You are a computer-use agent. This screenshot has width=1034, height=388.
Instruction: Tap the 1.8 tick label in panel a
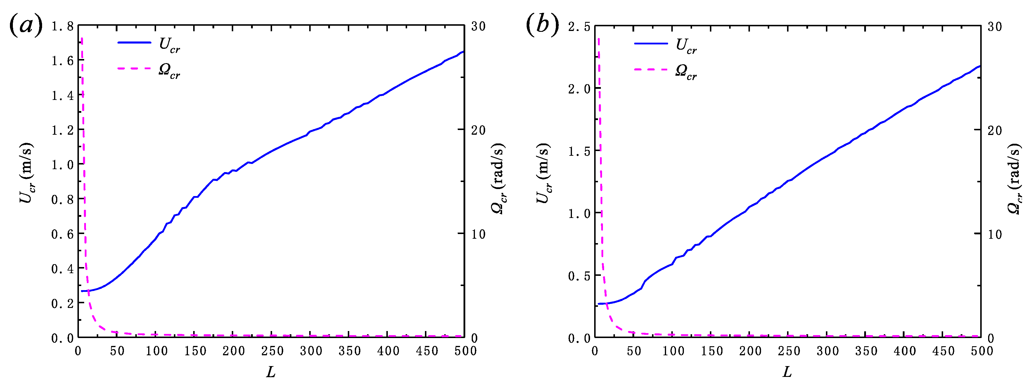(63, 27)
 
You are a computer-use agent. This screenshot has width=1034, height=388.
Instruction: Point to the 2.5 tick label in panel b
(579, 27)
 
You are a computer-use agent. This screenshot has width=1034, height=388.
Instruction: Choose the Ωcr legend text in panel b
(686, 72)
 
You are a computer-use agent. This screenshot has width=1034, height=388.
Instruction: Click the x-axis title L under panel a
(271, 372)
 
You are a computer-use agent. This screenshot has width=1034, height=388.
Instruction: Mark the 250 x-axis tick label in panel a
(273, 351)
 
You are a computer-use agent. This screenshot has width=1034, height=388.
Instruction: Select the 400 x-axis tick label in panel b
(905, 351)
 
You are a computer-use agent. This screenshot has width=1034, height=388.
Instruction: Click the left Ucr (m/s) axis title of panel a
(27, 173)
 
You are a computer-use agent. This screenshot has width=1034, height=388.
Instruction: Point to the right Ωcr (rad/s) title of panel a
(498, 178)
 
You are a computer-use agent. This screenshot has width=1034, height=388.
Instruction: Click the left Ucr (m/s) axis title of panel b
(543, 173)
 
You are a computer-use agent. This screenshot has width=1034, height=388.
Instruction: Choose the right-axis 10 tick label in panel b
(995, 234)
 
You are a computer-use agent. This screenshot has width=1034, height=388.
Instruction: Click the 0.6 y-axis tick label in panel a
(63, 234)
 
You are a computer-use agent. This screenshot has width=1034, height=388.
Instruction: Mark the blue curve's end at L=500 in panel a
(463, 52)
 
